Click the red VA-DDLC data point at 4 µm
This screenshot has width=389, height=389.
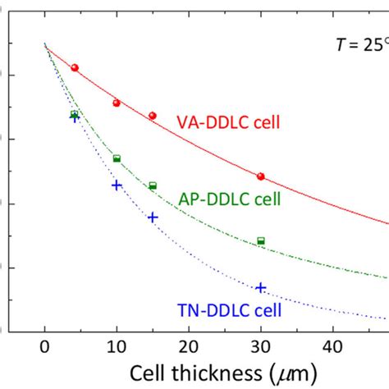pos(75,67)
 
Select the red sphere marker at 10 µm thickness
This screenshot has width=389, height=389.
pos(117,103)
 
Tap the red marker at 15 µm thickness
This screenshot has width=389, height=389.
pos(153,116)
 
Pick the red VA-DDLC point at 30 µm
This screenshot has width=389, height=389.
pos(261,176)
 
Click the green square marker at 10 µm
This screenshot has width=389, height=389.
pos(117,158)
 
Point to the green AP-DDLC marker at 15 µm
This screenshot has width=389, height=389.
pos(153,185)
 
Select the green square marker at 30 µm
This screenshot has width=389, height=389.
pos(261,240)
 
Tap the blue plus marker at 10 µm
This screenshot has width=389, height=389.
pos(117,185)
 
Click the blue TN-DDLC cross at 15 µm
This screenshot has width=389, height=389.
pos(153,217)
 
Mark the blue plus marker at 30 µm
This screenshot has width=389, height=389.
pos(261,287)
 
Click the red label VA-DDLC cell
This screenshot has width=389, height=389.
pos(229,123)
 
